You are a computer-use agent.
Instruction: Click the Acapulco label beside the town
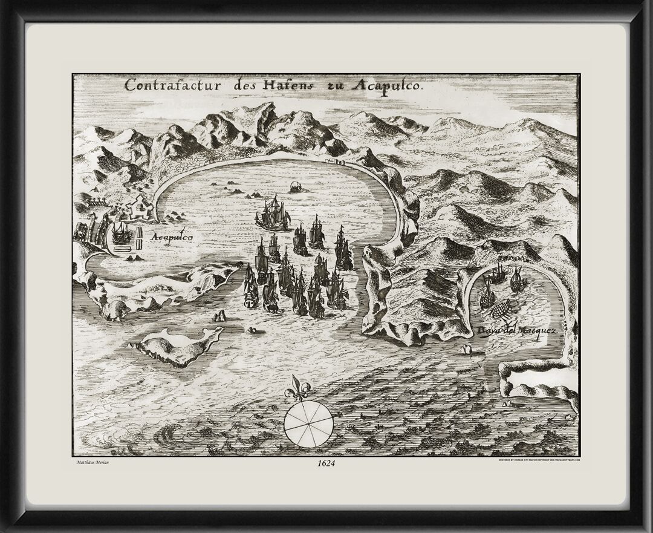(x=172, y=238)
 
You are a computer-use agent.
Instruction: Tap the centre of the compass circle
(x=308, y=423)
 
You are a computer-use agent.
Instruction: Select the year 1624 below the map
(x=325, y=463)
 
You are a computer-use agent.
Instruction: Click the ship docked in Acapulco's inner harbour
(x=122, y=233)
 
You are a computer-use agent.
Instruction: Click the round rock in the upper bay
(x=296, y=187)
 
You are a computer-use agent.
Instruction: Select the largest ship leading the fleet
(x=273, y=214)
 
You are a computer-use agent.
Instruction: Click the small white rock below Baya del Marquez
(x=466, y=349)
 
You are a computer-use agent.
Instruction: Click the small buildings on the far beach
(x=335, y=162)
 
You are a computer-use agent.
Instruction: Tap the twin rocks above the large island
(x=219, y=315)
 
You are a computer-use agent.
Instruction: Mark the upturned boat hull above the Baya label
(x=501, y=310)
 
